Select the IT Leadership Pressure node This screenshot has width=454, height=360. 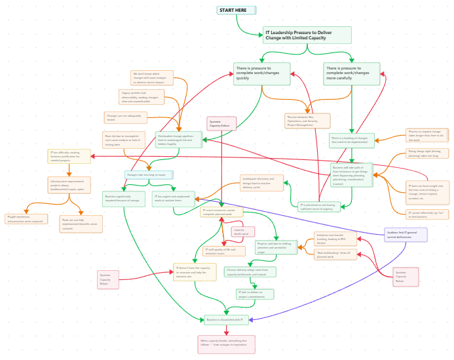(307, 35)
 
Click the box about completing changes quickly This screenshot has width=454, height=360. (261, 73)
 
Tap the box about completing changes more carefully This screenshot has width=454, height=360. (351, 73)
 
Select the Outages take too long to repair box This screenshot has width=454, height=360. (149, 175)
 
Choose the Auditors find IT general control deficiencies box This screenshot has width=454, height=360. (406, 235)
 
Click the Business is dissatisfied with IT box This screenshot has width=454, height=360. (226, 320)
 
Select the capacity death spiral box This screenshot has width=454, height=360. (242, 231)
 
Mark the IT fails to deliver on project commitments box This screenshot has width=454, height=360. (255, 294)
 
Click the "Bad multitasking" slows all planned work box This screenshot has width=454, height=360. (336, 254)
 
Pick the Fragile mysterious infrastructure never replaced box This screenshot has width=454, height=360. (26, 219)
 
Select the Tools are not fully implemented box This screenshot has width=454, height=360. (81, 224)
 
